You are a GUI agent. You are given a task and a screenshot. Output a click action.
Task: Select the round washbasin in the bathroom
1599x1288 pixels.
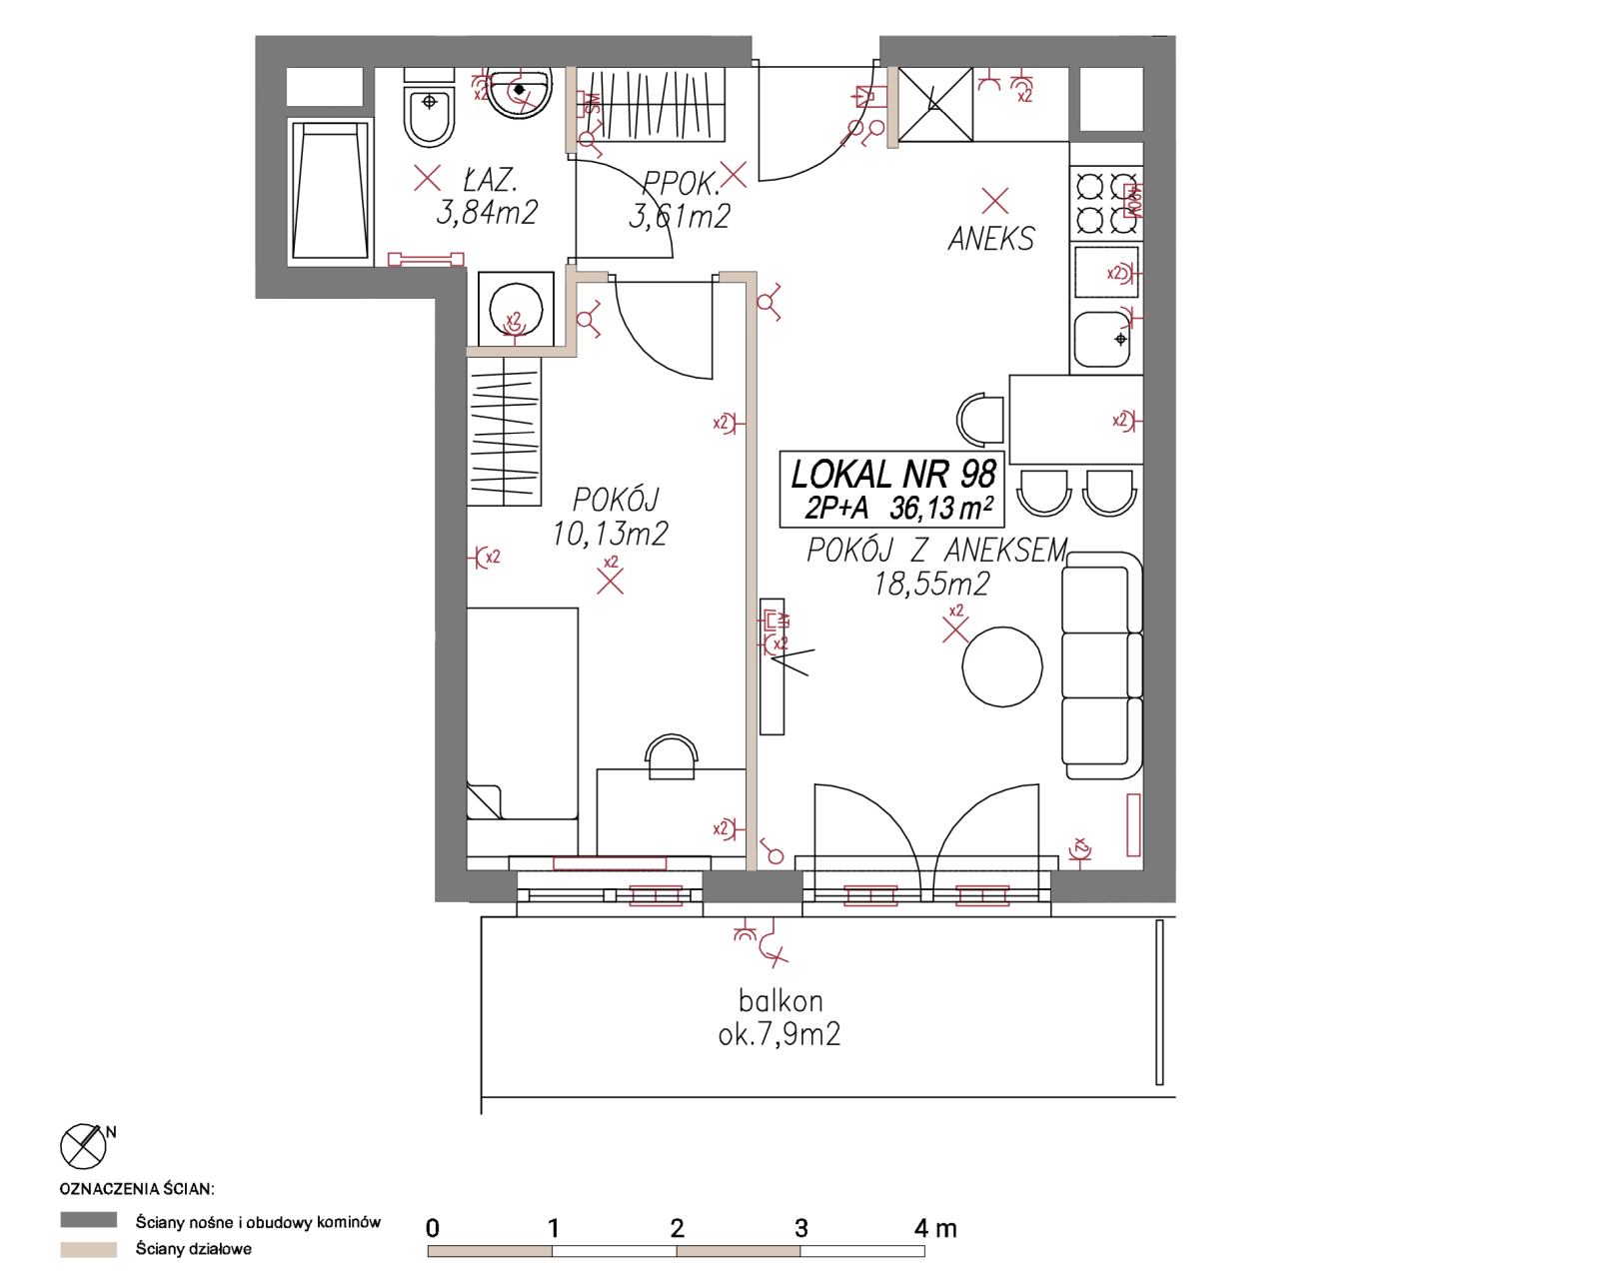[520, 93]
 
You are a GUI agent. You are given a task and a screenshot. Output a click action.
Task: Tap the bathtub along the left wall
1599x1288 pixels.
[330, 192]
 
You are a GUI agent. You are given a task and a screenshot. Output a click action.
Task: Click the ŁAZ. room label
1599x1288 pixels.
[490, 179]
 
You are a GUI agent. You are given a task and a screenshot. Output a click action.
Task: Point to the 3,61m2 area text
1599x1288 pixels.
[680, 216]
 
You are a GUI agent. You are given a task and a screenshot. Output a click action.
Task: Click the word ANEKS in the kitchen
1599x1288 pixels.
[991, 239]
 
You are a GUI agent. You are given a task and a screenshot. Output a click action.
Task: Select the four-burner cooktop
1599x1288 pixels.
[1106, 203]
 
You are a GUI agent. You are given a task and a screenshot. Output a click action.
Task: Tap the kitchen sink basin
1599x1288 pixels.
[1102, 339]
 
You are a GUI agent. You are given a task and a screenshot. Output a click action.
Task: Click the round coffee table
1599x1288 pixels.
[1001, 666]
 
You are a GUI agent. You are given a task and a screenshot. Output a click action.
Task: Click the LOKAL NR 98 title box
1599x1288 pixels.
[891, 489]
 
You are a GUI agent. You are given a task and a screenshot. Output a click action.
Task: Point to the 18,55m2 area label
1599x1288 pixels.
[931, 585]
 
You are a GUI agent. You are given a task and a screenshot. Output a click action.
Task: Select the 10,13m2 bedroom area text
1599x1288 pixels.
[610, 534]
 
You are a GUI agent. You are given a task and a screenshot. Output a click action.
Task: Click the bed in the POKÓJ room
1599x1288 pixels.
[523, 713]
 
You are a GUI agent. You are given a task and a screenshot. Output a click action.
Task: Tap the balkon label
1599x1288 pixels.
[781, 1001]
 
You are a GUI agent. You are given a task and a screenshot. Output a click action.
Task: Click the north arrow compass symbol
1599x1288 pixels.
[83, 1146]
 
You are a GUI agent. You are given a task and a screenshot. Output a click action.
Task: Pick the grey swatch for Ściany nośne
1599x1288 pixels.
[88, 1220]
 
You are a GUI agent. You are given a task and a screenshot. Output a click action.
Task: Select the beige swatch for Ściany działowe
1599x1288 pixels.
[88, 1249]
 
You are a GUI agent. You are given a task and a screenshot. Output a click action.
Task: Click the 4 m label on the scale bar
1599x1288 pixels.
[935, 1228]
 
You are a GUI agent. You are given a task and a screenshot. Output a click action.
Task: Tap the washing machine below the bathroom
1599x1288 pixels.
[516, 309]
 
